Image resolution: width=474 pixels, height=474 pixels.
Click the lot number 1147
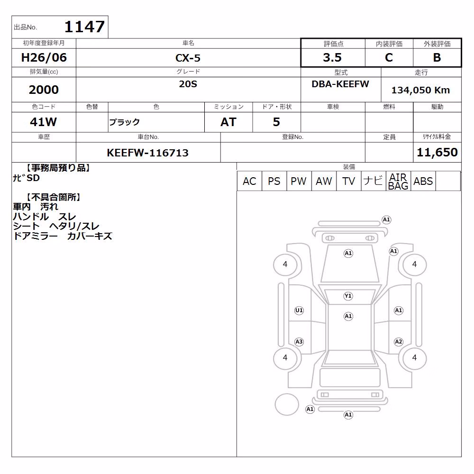pos(85,27)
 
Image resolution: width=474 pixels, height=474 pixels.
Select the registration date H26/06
pos(44,57)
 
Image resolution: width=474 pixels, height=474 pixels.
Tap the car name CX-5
pos(188,58)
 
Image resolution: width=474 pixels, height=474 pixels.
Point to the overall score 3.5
pos(332,57)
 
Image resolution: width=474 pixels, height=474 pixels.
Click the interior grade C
pos(389,57)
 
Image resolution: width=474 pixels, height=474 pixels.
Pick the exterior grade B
pos(437,57)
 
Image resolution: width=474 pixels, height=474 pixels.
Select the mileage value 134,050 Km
pos(420,90)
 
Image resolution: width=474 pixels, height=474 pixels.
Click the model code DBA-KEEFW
pos(340,84)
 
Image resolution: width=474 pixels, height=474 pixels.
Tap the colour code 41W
pos(43,122)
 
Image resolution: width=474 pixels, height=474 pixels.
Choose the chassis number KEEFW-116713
pos(147,153)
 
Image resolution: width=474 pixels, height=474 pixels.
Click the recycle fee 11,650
pos(437,152)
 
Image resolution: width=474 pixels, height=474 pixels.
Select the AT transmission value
pos(228,122)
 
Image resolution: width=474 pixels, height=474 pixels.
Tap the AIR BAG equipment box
pos(398,181)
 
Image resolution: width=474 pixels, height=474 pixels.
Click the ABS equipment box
pos(423,181)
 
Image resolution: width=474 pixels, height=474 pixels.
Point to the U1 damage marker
pos(299,310)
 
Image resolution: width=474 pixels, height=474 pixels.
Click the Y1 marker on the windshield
pos(348,296)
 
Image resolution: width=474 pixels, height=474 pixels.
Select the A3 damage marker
pos(299,342)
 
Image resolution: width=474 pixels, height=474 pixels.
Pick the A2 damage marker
pos(399,342)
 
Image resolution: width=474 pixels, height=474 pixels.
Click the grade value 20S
pos(188,84)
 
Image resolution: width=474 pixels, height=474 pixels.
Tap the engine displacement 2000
pos(44,90)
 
